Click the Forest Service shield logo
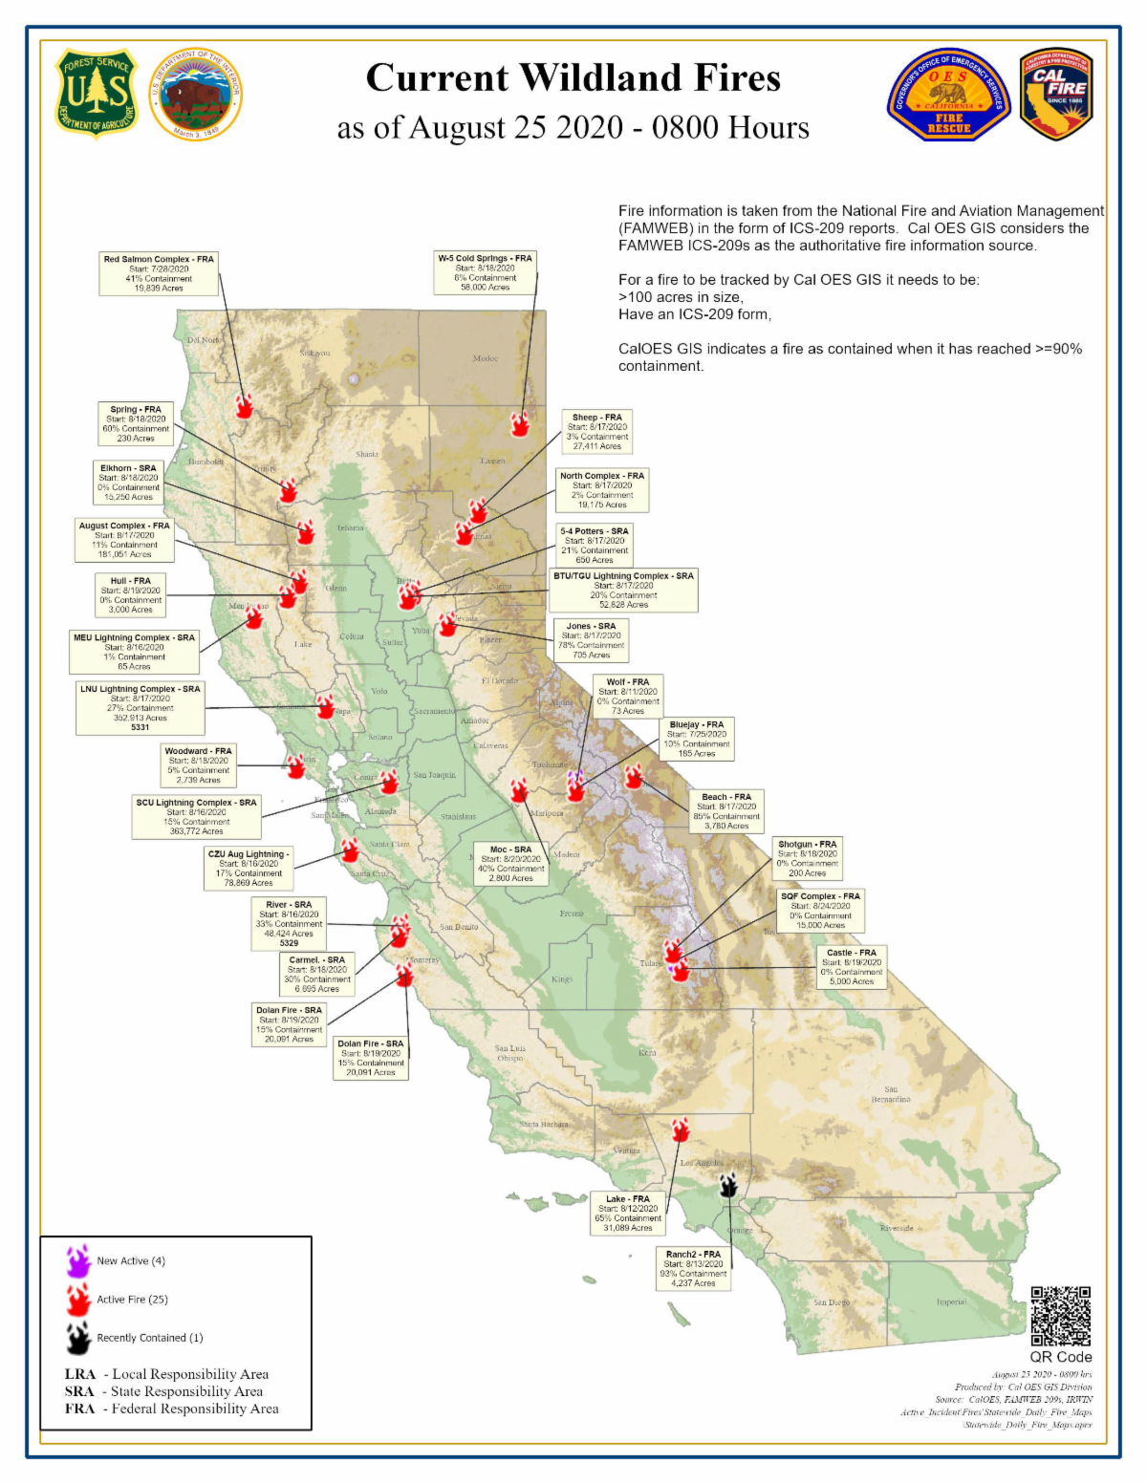point(96,94)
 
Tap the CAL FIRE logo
point(1056,94)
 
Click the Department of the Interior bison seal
point(196,95)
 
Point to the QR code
point(1060,1316)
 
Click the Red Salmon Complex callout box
point(159,273)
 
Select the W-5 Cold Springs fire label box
point(485,272)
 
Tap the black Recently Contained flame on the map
point(729,1186)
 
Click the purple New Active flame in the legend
point(78,1261)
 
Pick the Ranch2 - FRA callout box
point(693,1269)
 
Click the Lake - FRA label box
point(628,1214)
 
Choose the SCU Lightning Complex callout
point(196,817)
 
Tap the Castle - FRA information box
point(851,967)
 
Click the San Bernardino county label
point(890,1094)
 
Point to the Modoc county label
point(486,358)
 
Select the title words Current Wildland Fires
point(573,78)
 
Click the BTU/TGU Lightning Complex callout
point(623,591)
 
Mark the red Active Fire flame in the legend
point(78,1300)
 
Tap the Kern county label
point(647,1053)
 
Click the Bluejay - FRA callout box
point(697,740)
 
